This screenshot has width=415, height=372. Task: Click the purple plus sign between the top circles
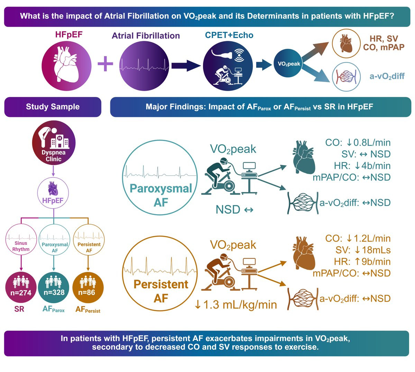click(x=105, y=64)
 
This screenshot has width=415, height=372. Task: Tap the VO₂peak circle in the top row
click(x=289, y=64)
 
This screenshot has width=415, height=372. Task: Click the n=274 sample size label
click(x=21, y=292)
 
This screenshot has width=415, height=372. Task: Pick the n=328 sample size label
click(x=54, y=292)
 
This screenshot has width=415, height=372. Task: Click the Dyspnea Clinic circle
click(x=54, y=143)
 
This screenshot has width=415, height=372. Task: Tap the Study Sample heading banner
click(x=53, y=107)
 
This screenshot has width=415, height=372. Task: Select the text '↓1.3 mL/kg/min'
click(x=236, y=305)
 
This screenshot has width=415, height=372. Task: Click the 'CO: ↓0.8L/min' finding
click(x=358, y=143)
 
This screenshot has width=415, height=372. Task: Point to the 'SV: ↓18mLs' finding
click(x=363, y=250)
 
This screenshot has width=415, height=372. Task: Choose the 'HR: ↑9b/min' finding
click(x=362, y=262)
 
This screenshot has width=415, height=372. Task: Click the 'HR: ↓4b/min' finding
click(x=362, y=166)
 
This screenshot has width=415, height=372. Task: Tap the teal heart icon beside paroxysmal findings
click(x=304, y=157)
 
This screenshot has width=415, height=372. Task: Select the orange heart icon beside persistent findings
click(x=304, y=253)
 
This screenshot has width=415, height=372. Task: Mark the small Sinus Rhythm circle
click(x=21, y=239)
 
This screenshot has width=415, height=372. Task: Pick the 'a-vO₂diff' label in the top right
click(x=387, y=76)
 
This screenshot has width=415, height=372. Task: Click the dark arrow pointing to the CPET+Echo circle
click(x=186, y=66)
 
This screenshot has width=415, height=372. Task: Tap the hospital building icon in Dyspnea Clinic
click(x=59, y=142)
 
